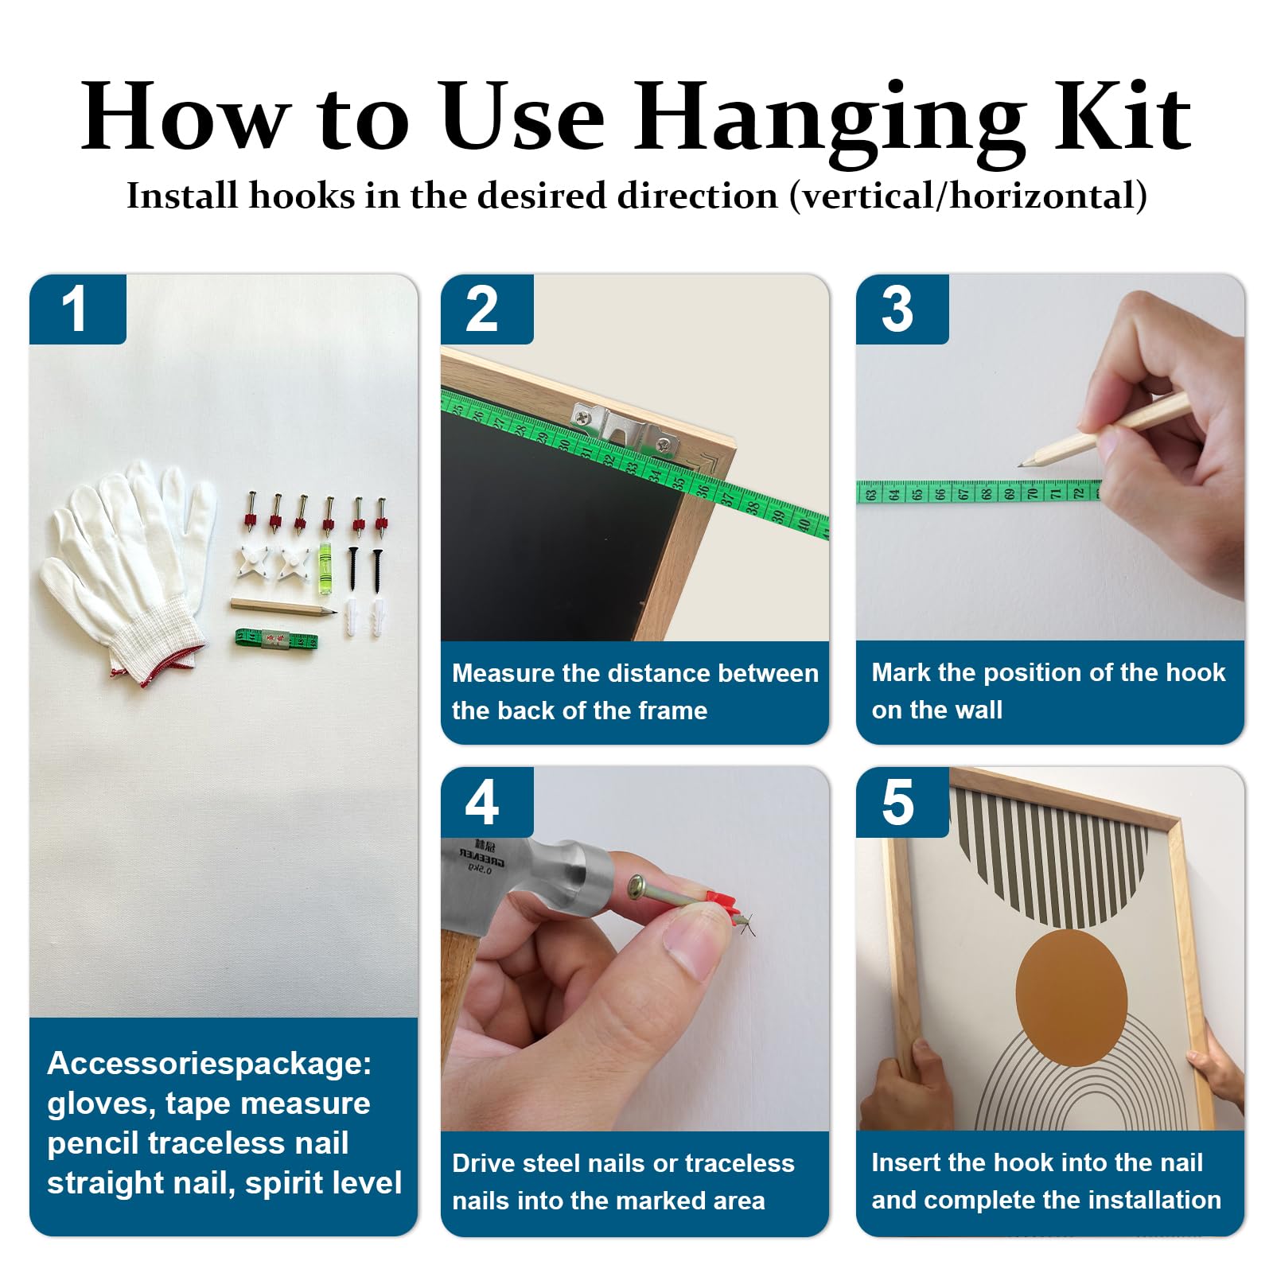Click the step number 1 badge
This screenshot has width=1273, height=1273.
(x=77, y=309)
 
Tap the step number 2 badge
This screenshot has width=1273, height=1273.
(x=486, y=309)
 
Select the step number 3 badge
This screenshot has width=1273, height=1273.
(x=901, y=309)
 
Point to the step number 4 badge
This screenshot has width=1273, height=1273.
(x=486, y=802)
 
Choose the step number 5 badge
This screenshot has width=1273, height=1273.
(x=901, y=802)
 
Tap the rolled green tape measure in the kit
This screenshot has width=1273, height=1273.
(x=276, y=639)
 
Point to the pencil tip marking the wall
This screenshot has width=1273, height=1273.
(x=1020, y=465)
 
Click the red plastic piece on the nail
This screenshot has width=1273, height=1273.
(x=722, y=905)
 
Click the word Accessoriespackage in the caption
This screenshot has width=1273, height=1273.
(x=209, y=1064)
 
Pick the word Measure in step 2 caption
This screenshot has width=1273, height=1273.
(x=503, y=673)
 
